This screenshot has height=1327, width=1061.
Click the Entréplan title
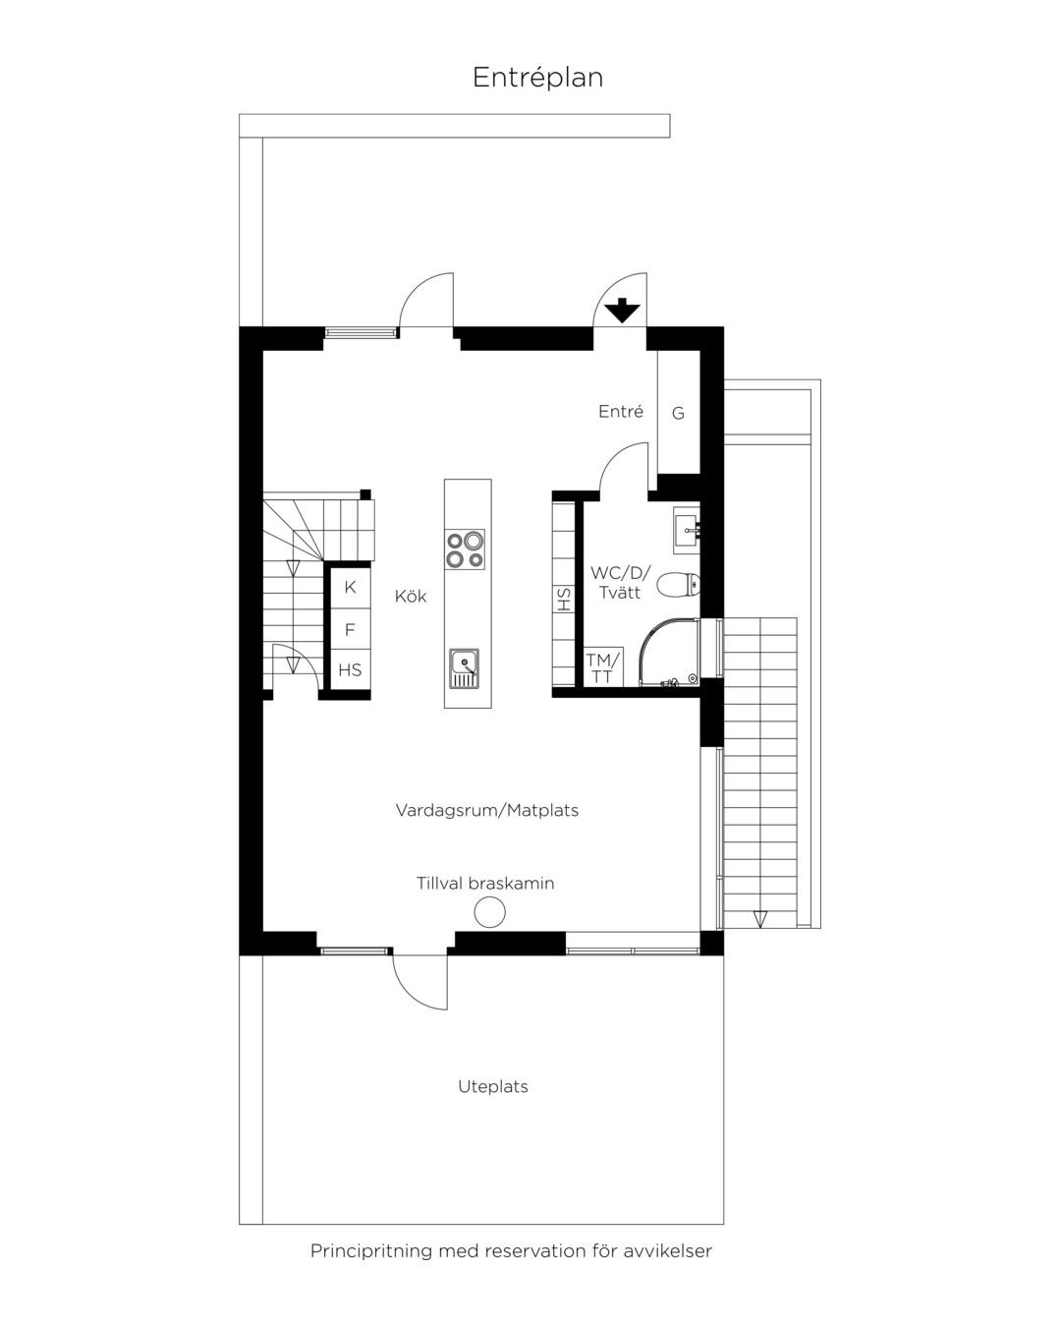tap(537, 77)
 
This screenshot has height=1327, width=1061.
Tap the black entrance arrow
tap(622, 311)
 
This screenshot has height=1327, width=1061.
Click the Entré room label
tap(620, 411)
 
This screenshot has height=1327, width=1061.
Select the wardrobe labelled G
tap(678, 412)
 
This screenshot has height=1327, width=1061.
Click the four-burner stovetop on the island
tap(465, 548)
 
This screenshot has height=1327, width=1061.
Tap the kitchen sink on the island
tap(464, 668)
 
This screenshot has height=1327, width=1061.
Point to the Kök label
tap(411, 597)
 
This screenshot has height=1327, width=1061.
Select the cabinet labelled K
tap(350, 587)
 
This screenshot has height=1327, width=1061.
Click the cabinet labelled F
tap(350, 629)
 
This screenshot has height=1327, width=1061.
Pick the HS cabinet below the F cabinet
tap(350, 669)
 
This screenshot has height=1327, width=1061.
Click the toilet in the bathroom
tap(678, 585)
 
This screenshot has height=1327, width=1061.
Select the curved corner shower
tap(670, 653)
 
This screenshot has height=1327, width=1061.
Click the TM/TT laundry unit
tap(603, 666)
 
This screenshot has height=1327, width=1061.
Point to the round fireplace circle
tap(489, 911)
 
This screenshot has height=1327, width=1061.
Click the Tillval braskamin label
tap(485, 883)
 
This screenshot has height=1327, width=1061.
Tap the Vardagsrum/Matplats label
tap(487, 810)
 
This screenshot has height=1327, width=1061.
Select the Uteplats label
tap(493, 1086)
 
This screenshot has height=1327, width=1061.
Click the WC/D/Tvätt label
tap(620, 582)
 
